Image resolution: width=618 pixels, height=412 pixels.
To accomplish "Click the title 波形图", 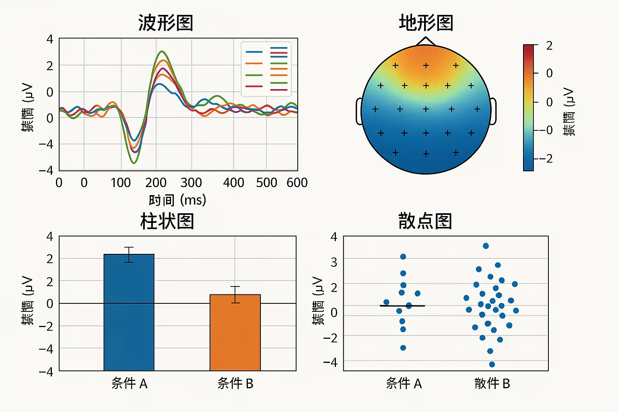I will (x=165, y=23).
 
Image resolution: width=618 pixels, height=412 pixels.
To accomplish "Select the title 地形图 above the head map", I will (x=426, y=23).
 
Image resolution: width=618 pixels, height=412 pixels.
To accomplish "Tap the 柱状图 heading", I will (x=167, y=221).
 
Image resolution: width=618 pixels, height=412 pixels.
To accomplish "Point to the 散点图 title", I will (x=425, y=221).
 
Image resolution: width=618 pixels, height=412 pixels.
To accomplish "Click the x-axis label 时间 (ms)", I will (x=177, y=200).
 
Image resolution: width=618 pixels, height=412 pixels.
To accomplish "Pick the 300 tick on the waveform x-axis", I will (x=191, y=183).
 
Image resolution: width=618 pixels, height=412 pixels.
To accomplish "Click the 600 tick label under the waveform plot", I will (x=297, y=183).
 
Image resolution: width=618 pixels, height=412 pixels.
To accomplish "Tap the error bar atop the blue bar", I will (x=129, y=254).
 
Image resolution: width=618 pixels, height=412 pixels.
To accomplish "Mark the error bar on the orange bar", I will (x=235, y=294).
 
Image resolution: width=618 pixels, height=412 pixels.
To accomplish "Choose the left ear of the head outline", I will (x=359, y=111).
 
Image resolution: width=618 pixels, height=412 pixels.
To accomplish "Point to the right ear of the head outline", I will (x=493, y=111).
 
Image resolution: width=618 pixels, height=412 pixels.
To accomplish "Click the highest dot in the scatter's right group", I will (x=486, y=246).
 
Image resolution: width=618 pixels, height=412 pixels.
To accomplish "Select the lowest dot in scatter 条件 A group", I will (x=403, y=348).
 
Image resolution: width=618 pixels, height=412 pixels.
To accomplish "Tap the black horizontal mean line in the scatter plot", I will (x=402, y=306).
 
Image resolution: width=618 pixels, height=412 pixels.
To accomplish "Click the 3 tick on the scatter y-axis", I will (x=334, y=262).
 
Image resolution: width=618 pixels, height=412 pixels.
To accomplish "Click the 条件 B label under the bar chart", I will (x=235, y=383).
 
